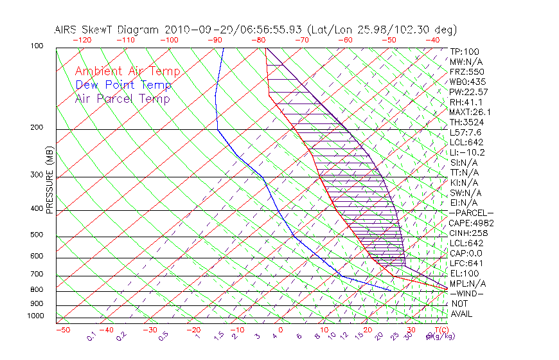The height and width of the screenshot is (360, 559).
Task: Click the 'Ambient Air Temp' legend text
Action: (x=127, y=72)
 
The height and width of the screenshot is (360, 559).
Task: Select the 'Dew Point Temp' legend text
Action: (x=123, y=85)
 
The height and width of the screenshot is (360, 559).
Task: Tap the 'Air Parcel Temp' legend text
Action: (x=122, y=99)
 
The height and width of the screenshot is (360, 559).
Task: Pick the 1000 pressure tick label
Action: (x=36, y=316)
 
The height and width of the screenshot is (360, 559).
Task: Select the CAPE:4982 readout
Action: (x=471, y=223)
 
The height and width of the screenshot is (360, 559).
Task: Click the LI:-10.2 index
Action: (x=467, y=152)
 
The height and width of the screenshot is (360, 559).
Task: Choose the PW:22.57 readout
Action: (x=468, y=92)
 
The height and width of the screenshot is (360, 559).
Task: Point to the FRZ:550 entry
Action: (x=466, y=72)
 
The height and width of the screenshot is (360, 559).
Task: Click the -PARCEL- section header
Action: (x=471, y=213)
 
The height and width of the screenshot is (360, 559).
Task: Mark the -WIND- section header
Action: (x=467, y=293)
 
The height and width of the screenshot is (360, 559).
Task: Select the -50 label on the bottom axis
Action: (x=62, y=330)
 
